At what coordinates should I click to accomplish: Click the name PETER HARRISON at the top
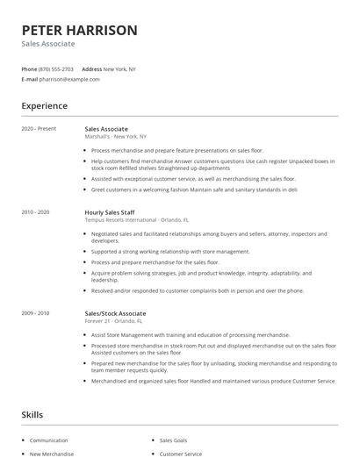80,30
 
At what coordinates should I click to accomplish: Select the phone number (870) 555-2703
56,68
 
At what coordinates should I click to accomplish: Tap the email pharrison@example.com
70,79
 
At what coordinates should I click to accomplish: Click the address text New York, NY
119,68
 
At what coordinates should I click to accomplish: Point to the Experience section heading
44,106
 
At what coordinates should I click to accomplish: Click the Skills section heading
32,414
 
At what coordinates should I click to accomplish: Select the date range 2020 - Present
39,129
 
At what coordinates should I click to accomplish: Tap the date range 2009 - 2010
35,313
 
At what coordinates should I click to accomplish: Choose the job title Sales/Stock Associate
115,313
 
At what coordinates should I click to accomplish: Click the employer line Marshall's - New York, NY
115,137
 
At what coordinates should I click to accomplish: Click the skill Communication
48,440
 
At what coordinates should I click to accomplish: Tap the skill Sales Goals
175,440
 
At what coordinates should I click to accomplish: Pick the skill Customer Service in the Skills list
180,454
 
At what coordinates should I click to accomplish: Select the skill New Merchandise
52,454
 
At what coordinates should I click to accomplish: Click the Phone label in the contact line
29,68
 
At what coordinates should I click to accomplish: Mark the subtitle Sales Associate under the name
48,44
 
